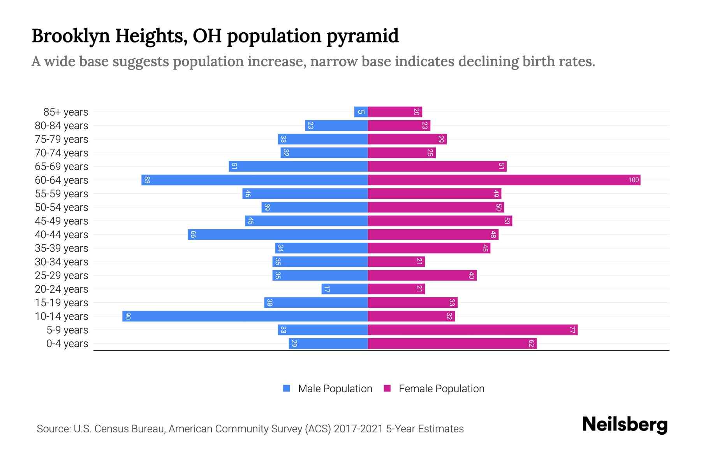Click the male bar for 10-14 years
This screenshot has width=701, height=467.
coord(245,316)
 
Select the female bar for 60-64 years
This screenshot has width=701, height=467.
coord(504,180)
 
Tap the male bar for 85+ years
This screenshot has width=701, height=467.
coord(361,112)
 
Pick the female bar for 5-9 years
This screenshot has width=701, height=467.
coord(472,330)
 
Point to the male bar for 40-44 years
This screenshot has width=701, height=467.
coord(278,234)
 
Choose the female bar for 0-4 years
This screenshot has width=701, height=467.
coord(452,343)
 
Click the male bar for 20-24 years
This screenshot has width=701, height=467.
coord(344,289)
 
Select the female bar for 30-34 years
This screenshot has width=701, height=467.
coord(396,262)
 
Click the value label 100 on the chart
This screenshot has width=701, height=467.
coord(633,180)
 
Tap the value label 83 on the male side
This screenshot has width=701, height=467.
coord(147,180)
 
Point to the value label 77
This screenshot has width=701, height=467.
coord(572,330)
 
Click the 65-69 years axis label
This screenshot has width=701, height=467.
coord(62,167)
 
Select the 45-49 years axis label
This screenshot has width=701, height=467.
coord(62,221)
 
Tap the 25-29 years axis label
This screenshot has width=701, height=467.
coord(62,276)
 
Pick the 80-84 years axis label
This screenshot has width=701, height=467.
coord(62,126)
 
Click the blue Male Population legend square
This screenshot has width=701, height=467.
coord(287,388)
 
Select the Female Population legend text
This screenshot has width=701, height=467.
coord(441,388)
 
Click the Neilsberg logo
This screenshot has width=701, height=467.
coord(625,425)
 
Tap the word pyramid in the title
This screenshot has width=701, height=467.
coord(362,36)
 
